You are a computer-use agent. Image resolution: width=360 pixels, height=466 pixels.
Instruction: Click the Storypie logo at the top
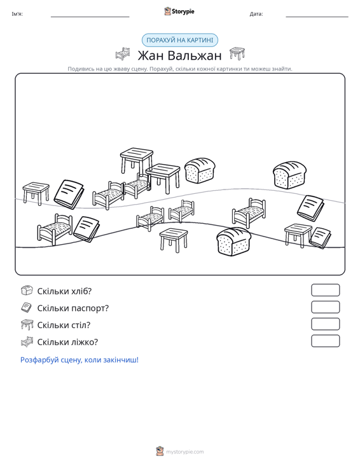(179, 11)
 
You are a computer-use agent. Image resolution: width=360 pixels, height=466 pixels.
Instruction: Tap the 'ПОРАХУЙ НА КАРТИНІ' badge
(180, 40)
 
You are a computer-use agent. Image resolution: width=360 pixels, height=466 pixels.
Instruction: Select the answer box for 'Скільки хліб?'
(325, 290)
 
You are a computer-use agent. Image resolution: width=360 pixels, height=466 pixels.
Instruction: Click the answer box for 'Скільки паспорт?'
(325, 307)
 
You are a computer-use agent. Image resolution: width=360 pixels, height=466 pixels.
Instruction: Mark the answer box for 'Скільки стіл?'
(325, 324)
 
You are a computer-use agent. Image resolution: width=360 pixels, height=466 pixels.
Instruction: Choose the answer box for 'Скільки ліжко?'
(325, 341)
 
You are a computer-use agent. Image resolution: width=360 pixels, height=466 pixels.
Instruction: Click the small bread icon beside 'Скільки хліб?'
(27, 291)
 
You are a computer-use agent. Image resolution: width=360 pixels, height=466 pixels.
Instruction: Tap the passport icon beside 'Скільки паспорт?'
(27, 307)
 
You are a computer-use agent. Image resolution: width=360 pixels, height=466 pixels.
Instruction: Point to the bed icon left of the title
(123, 54)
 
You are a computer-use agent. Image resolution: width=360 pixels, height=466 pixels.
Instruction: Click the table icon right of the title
(237, 54)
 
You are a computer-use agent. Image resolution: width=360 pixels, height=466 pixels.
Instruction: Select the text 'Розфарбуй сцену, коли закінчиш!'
(80, 360)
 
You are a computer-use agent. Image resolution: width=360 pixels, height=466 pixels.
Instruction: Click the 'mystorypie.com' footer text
(184, 452)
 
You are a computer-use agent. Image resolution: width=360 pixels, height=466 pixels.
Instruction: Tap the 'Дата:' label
(256, 14)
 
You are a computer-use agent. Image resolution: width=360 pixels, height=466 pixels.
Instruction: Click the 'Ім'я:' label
(17, 14)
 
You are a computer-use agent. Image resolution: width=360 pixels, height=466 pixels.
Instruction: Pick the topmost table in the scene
(137, 160)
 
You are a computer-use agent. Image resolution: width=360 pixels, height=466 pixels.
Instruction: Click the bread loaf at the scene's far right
(289, 175)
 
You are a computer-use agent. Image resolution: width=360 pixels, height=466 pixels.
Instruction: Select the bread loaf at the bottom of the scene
(233, 242)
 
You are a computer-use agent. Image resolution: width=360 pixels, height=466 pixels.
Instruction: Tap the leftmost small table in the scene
(36, 193)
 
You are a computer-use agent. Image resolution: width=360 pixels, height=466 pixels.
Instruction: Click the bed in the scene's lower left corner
(55, 230)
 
